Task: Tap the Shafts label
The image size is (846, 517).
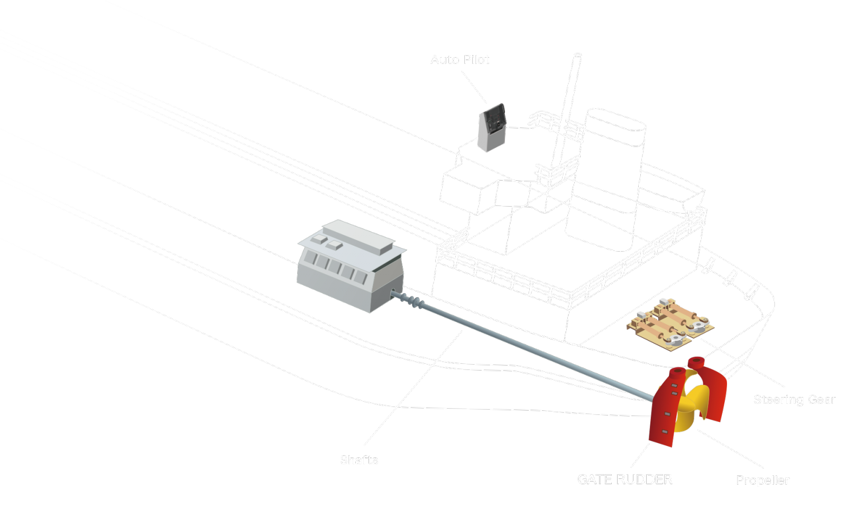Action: (358, 460)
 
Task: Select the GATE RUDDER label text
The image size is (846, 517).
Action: (624, 479)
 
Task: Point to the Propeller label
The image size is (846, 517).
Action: (762, 480)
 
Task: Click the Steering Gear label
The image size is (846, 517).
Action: (794, 400)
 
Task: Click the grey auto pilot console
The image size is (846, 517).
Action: (492, 127)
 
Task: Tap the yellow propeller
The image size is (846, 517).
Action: (690, 407)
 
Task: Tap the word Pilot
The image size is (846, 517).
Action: (476, 60)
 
